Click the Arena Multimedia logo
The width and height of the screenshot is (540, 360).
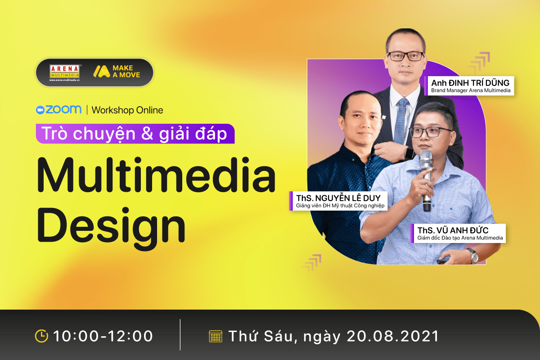coord(64,72)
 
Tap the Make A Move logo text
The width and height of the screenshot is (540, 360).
coord(126,72)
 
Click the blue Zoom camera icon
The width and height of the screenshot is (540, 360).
coord(40,110)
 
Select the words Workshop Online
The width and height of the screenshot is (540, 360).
coord(127,110)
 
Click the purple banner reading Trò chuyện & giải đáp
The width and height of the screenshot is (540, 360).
coord(135,134)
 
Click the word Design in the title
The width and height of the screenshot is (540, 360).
coord(111,225)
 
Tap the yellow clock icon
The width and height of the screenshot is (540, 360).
coord(41,336)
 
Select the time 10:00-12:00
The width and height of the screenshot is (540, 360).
coord(103,336)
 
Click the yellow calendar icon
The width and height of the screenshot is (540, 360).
coord(215,336)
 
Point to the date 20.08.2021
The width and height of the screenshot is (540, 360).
coord(393,336)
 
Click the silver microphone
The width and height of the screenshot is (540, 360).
coord(426,180)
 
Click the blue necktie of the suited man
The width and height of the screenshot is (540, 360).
coord(401,121)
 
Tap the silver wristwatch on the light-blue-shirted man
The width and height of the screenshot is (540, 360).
coord(473,255)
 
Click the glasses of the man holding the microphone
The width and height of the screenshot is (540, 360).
coord(430,132)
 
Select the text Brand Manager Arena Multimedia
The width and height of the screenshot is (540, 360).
coord(471,90)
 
